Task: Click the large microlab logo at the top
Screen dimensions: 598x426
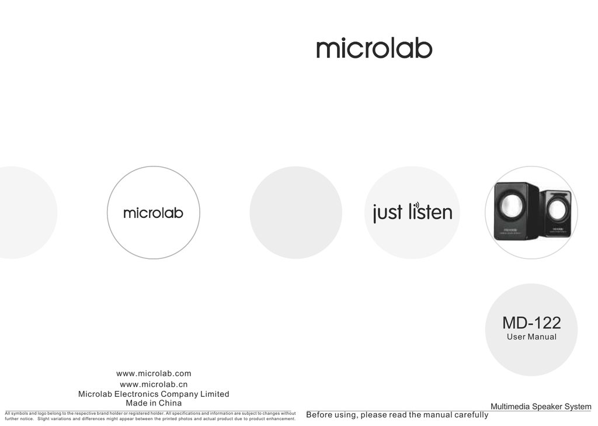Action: click(374, 48)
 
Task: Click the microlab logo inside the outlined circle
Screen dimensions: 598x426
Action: click(154, 213)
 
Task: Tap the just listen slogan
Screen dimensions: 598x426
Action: click(413, 212)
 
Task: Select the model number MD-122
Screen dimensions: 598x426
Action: click(531, 323)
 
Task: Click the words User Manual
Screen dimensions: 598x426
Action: click(531, 337)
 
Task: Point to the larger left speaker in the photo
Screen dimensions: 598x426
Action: click(516, 211)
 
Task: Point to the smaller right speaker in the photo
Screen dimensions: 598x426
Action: click(556, 213)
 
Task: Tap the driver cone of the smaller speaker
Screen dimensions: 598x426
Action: click(557, 210)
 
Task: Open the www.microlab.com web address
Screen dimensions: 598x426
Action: click(154, 373)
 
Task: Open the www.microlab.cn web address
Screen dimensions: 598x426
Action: click(154, 384)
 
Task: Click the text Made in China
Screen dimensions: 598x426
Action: click(154, 403)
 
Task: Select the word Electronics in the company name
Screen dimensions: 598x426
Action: click(135, 394)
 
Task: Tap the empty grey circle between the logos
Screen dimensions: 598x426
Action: click(296, 213)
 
